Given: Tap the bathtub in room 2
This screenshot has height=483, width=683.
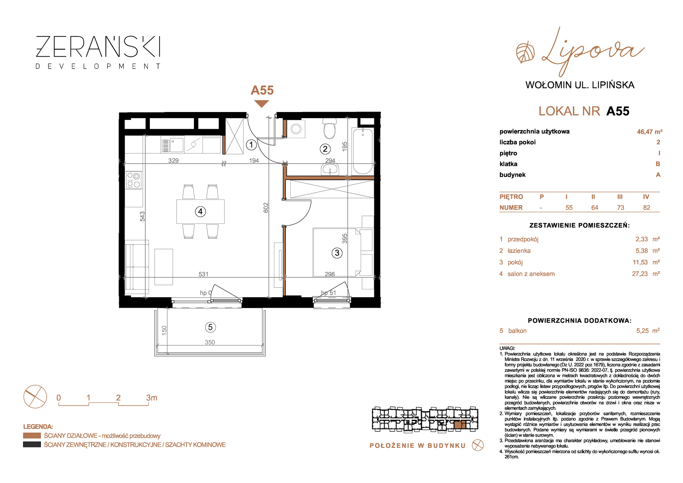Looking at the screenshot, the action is [363, 151].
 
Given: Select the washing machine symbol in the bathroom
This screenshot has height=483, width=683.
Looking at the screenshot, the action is [296, 129].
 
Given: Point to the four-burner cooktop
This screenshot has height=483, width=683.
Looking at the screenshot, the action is [134, 180].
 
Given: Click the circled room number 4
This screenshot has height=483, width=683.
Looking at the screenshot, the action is [200, 212].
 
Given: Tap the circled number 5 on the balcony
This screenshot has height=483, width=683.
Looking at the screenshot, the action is [210, 327].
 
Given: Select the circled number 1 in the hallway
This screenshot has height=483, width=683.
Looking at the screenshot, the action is [251, 145].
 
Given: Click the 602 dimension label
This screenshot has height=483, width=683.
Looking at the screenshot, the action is [266, 208].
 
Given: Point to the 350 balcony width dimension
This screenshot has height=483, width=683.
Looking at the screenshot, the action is [210, 342].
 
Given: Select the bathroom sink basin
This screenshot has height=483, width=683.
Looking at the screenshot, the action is [330, 169].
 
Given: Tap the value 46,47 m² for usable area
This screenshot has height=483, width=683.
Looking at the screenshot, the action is [650, 132].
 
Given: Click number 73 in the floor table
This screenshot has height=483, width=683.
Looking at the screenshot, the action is [621, 208].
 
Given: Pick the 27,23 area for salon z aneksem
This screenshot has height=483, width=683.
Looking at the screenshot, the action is [640, 274].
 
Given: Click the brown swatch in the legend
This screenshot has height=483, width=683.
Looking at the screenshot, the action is [32, 436].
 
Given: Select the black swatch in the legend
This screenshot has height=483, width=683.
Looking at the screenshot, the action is [32, 444].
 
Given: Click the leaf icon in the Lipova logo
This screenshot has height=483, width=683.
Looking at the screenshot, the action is [525, 53].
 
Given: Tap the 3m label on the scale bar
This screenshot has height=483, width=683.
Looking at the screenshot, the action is [152, 398].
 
